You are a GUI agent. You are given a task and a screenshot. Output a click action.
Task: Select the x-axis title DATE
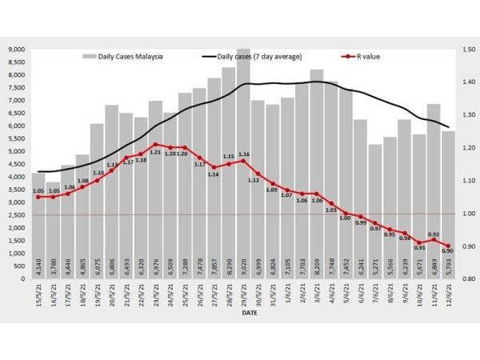point(250,314)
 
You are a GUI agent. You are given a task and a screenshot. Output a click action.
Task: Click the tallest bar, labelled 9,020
point(243,160)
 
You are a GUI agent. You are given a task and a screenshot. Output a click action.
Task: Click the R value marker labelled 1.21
point(155,145)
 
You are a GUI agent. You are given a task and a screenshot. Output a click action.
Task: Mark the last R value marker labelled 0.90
point(448,246)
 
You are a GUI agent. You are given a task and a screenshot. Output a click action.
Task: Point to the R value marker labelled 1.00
point(346,214)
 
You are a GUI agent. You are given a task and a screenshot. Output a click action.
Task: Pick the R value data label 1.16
point(243,154)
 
